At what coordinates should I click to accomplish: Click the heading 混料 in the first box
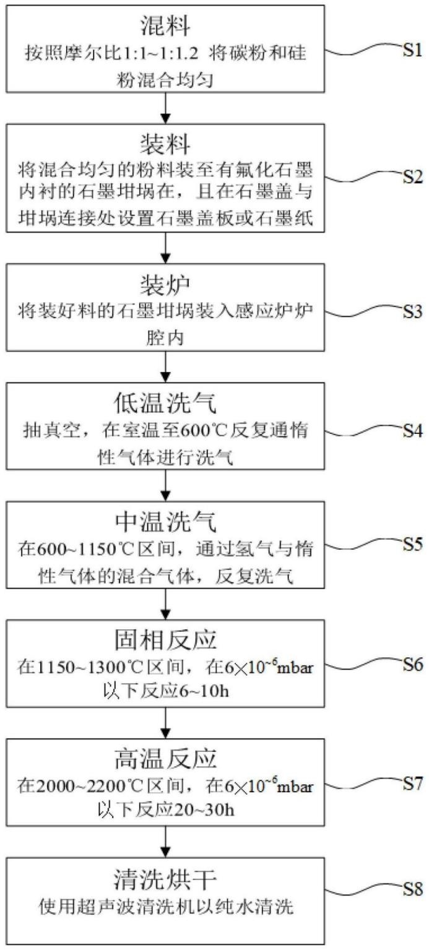click(x=165, y=26)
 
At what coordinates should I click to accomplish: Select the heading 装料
click(x=165, y=144)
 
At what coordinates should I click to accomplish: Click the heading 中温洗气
click(x=165, y=522)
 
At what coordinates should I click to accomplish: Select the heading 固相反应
click(x=165, y=641)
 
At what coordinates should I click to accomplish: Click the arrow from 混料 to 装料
click(x=165, y=107)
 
